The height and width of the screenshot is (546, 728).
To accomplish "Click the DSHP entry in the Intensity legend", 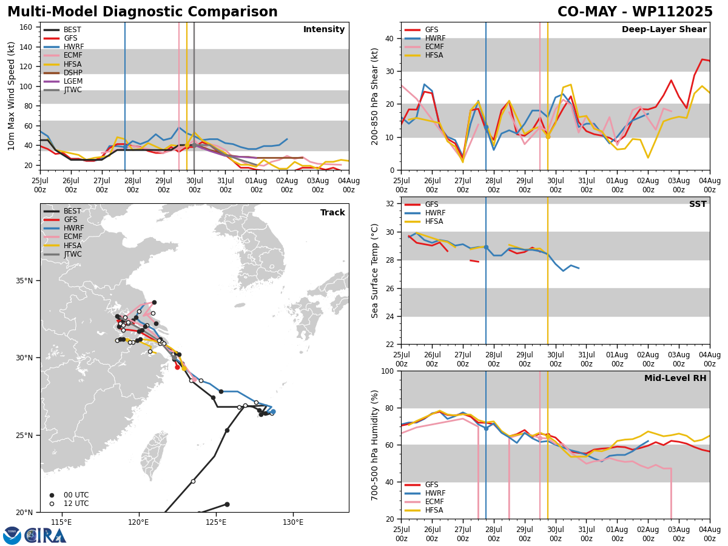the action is tap(63, 73).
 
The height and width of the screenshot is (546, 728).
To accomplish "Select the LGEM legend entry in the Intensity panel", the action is tap(63, 81).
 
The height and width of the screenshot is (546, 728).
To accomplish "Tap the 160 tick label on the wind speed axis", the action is tap(25, 27).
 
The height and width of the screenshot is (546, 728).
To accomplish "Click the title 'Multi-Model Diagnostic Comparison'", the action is tap(143, 12).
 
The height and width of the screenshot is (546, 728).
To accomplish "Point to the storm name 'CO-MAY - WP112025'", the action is tap(635, 12).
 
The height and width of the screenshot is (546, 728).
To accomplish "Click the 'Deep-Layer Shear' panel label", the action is tap(664, 29).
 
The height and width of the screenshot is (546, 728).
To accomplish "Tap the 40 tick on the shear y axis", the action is tap(389, 38).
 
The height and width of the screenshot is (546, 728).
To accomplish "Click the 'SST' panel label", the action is tap(698, 204).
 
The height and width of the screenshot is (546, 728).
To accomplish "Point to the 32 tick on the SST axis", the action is tap(389, 204).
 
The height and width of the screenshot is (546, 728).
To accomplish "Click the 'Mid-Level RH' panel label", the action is tap(675, 378).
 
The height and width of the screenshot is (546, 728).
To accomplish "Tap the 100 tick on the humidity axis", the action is tap(388, 371).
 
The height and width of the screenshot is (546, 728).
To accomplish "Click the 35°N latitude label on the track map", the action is tap(24, 281).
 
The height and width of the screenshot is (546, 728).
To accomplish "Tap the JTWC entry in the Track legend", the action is tap(62, 254).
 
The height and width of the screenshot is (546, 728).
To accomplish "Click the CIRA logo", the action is tap(35, 536).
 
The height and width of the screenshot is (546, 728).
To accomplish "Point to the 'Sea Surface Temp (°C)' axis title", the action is tap(374, 271).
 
